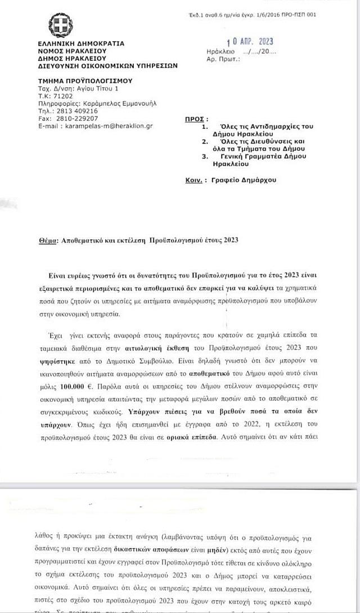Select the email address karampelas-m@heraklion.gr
pos(113,126)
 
